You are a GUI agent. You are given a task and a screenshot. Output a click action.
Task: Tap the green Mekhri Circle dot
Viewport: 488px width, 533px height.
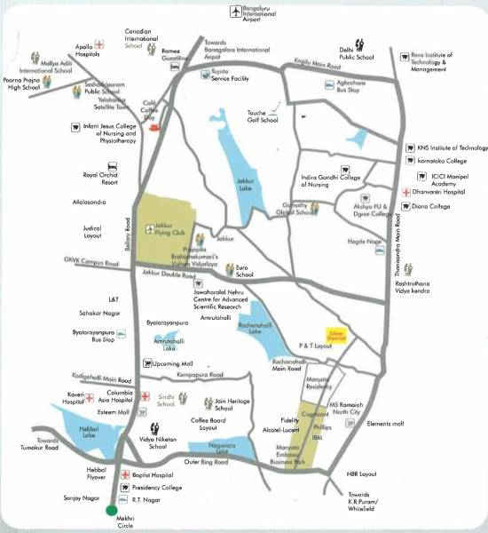click(x=110, y=511)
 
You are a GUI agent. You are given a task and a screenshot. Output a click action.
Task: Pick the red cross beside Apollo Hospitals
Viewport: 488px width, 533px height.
click(x=100, y=42)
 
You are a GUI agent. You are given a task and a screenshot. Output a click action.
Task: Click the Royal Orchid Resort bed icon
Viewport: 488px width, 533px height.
click(x=112, y=165)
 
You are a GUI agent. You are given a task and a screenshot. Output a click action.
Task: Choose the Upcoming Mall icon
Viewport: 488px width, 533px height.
click(x=146, y=364)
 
